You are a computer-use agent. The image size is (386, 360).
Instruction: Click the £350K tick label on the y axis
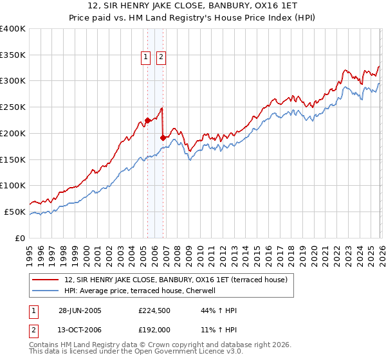tap(13, 55)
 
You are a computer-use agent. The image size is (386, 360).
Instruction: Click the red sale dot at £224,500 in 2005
tap(147, 120)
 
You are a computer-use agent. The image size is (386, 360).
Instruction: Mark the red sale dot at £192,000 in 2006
tap(163, 137)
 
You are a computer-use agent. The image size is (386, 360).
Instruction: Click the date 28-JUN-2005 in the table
tap(79, 310)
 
